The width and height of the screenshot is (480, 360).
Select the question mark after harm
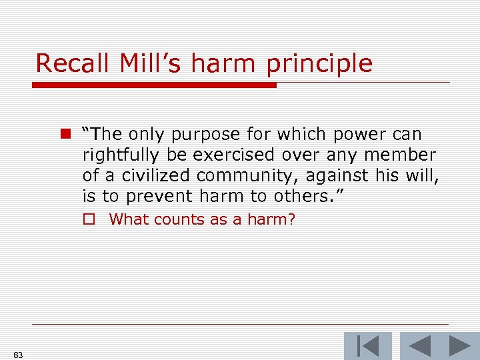[291, 219]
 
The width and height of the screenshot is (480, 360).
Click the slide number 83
[18, 355]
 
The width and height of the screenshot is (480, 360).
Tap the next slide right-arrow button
[459, 346]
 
